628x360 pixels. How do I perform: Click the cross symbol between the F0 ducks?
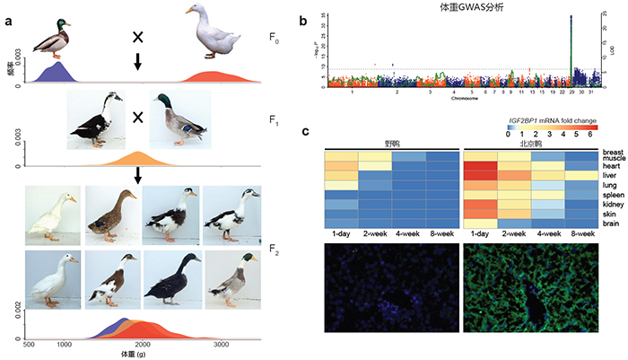[x=137, y=37]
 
